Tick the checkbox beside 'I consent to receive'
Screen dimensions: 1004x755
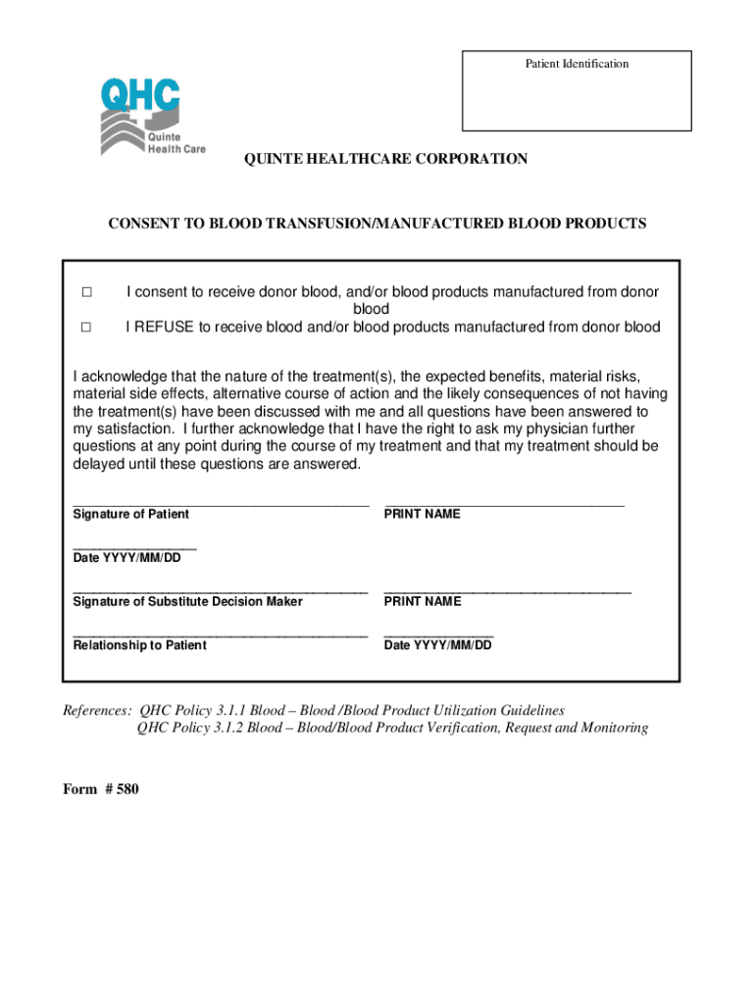pos(86,292)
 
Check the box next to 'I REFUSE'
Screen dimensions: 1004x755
pos(86,327)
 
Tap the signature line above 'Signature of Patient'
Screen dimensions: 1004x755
pos(221,504)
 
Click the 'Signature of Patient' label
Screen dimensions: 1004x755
pos(131,515)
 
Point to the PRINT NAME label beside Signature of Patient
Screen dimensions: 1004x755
pos(423,515)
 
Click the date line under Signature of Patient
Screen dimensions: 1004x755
pos(134,547)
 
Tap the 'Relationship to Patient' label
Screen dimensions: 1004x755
pos(139,646)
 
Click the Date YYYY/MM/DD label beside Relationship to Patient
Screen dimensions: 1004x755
pos(438,646)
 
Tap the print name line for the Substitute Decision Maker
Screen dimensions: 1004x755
pos(508,591)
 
